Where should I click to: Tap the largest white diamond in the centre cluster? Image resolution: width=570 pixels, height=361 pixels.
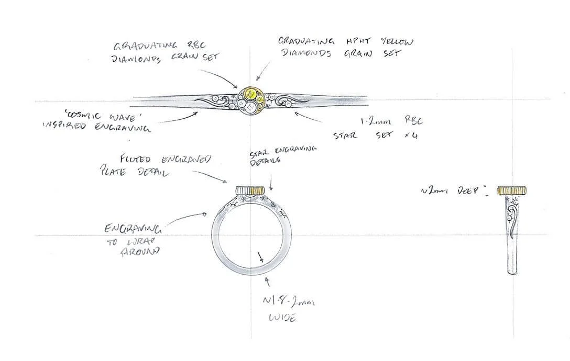(250, 106)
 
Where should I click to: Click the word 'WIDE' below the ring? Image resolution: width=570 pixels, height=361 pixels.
(282, 317)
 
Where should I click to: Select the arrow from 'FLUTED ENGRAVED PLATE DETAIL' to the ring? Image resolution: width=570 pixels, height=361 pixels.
(210, 176)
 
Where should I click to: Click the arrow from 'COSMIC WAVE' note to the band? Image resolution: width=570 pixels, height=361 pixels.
(178, 117)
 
